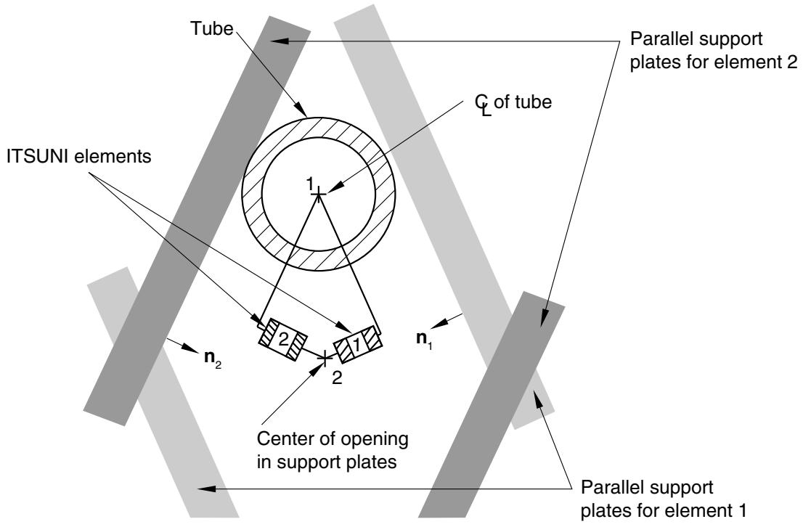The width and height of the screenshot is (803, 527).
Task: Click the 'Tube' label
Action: coord(211,29)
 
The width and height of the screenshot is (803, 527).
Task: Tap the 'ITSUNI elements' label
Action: coord(79,156)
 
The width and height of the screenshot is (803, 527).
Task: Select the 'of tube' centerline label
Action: coord(522,102)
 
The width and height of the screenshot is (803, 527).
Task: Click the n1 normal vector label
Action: coord(424,340)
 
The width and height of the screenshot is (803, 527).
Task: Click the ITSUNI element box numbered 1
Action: coord(359,346)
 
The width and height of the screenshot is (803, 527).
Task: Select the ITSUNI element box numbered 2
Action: coord(283,339)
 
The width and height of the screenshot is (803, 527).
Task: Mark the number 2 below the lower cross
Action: coord(337,378)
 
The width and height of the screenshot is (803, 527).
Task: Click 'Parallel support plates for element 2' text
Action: coord(714,50)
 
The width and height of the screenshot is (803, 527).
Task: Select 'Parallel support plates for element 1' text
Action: coord(663,498)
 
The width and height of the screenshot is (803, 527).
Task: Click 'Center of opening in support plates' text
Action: coord(333,450)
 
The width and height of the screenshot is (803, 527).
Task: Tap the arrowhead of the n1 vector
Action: coord(439,324)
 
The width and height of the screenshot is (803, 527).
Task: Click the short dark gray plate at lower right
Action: coord(492,405)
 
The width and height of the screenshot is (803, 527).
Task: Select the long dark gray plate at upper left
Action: coord(197,221)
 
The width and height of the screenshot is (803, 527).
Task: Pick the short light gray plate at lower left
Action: coord(163,392)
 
